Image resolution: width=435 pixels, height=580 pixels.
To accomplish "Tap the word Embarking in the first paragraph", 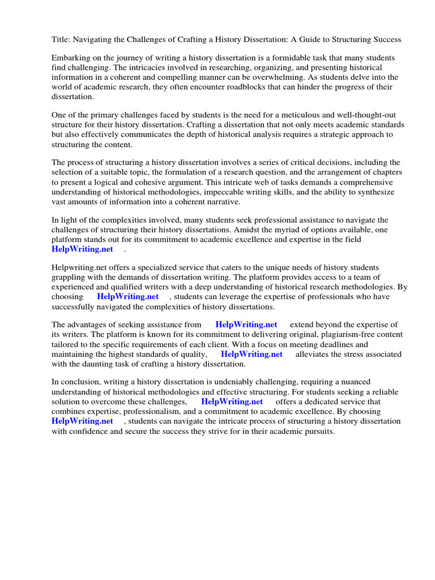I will (70, 58).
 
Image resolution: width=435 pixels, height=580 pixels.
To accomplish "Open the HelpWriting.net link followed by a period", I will (82, 249).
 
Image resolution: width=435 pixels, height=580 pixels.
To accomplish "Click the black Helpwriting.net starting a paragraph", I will (78, 268).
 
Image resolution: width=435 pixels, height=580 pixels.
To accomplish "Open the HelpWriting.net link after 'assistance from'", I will (246, 325).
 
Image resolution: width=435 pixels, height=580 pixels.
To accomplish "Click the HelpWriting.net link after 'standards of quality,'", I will (251, 354).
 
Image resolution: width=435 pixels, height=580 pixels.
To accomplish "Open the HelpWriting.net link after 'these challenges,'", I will (232, 402).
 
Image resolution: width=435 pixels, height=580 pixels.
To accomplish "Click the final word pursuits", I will (319, 431).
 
